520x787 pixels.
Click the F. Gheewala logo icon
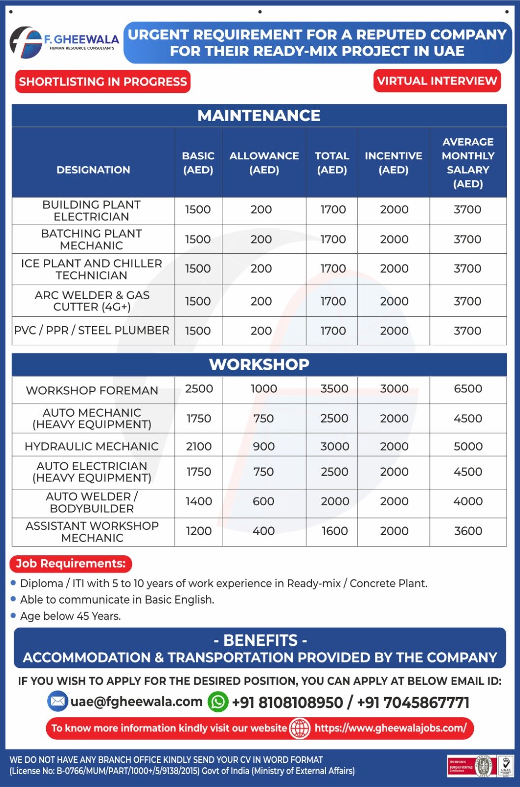(26, 43)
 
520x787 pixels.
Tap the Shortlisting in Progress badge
(103, 82)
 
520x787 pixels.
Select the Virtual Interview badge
(437, 81)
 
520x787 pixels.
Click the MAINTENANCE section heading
(259, 116)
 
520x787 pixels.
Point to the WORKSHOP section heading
(259, 364)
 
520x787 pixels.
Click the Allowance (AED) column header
(264, 163)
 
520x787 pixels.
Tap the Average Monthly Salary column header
(468, 163)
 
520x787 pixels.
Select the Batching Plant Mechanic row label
(92, 240)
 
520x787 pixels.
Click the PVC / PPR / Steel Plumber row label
(92, 331)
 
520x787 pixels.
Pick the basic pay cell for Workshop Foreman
(199, 389)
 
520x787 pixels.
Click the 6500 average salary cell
(468, 389)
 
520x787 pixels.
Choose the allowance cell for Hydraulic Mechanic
(264, 446)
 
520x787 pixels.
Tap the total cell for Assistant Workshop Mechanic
(335, 531)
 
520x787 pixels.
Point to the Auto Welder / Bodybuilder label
(92, 502)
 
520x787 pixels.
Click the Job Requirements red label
(71, 564)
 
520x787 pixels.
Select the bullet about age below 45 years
(70, 616)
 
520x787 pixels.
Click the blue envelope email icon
(58, 701)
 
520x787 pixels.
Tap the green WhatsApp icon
(218, 702)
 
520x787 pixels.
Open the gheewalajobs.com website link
(390, 728)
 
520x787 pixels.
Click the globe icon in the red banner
(300, 728)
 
